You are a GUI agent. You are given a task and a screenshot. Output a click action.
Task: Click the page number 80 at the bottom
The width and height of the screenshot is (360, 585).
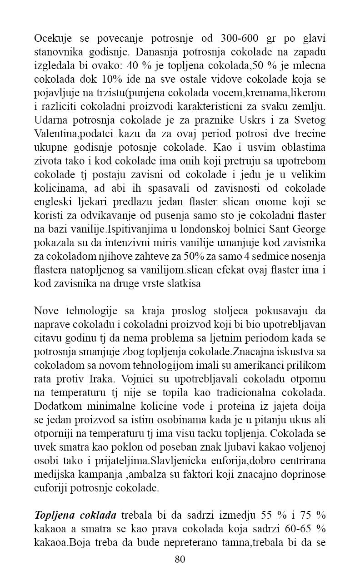point(180,560)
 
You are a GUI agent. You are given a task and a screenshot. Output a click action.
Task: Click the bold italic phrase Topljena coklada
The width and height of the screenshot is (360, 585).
point(76,515)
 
